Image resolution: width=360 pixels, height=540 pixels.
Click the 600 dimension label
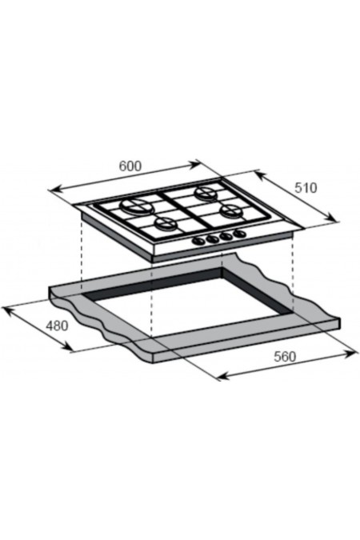click(130, 166)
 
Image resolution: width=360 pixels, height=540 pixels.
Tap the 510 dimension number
click(306, 188)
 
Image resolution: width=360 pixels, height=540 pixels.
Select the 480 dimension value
click(57, 326)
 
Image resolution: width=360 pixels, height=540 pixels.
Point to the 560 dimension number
click(285, 357)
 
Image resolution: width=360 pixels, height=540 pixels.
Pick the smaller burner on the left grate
click(166, 224)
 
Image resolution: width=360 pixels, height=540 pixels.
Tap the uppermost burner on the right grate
click(206, 193)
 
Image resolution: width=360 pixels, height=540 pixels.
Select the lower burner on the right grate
click(231, 210)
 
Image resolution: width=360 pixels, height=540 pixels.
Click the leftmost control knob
click(198, 242)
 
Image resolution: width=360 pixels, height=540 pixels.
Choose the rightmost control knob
click(240, 234)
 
